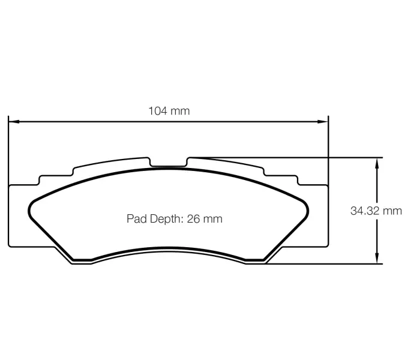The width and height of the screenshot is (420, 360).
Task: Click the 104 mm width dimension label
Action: tap(169, 110)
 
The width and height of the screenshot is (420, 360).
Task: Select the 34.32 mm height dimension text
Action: tap(376, 211)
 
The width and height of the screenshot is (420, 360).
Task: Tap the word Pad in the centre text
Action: tap(136, 219)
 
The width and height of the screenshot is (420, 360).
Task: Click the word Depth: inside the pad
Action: tap(165, 219)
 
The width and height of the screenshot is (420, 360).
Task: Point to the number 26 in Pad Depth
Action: tap(193, 219)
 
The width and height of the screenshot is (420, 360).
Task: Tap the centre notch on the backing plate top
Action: tap(169, 163)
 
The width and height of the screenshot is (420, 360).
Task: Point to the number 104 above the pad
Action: tap(158, 110)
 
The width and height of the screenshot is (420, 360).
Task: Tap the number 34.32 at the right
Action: tap(366, 211)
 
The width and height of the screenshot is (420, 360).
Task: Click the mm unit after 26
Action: tap(212, 219)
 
